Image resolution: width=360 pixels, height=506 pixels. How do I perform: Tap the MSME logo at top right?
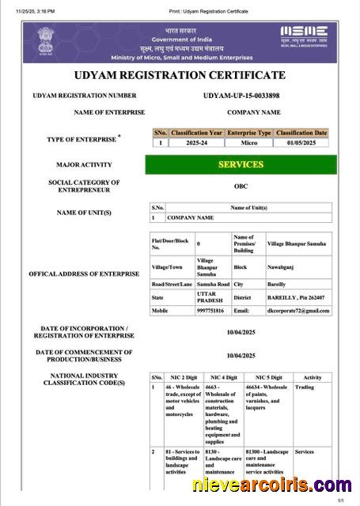coord(304,36)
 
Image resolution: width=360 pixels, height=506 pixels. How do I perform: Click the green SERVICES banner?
coord(241,164)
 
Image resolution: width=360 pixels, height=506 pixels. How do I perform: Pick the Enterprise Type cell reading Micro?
coord(248,143)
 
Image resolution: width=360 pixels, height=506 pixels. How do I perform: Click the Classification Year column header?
coord(196,133)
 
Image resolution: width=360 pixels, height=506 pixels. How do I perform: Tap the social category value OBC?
coord(241,187)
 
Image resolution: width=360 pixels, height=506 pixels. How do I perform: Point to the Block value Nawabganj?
coord(282,266)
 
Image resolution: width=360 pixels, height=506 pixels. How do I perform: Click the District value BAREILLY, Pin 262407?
coord(297,297)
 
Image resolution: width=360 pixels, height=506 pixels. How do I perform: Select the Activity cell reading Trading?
coord(304,387)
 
